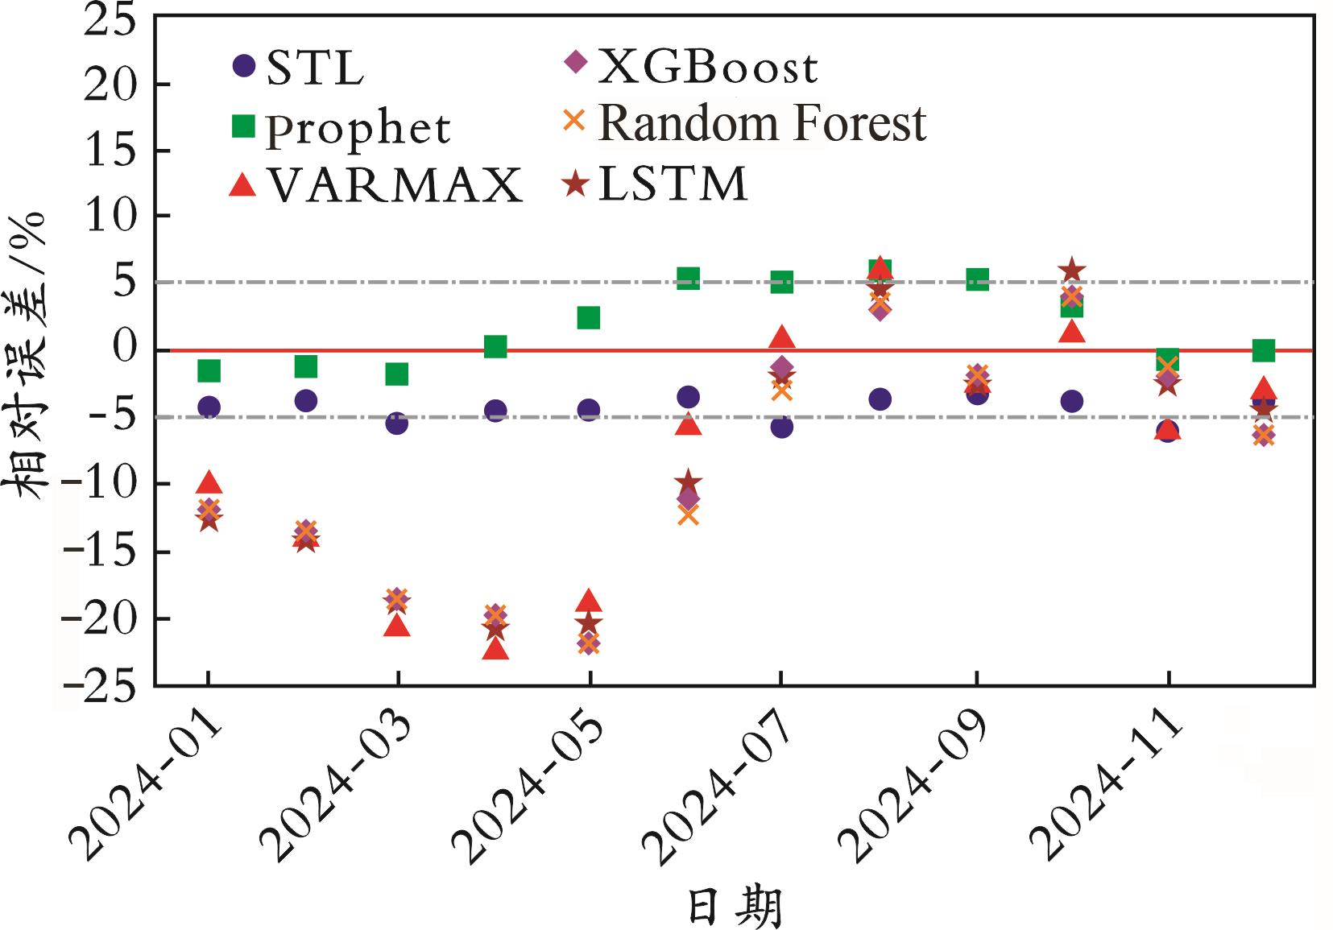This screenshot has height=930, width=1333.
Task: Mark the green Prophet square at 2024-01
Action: [209, 370]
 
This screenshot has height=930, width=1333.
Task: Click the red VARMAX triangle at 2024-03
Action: [397, 625]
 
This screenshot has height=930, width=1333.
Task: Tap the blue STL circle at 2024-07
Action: [781, 427]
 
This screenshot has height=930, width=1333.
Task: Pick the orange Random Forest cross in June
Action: [688, 515]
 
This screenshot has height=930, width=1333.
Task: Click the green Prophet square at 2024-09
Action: [977, 279]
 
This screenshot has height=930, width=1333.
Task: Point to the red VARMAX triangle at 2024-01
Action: [209, 482]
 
